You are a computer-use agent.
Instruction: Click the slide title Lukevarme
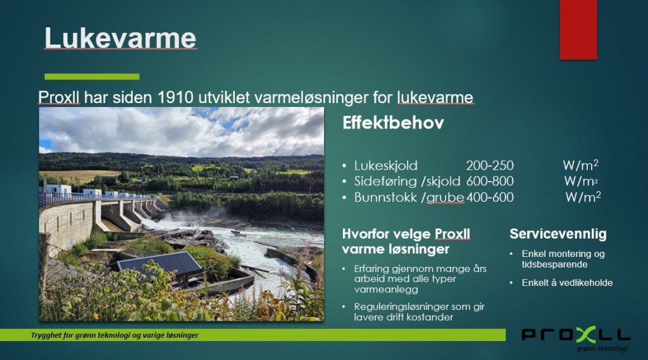tap(120, 38)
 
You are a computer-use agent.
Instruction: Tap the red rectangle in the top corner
tap(578, 29)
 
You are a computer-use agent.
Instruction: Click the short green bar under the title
tap(92, 77)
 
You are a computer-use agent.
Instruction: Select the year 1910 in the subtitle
tap(176, 97)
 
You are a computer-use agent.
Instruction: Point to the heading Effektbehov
tap(393, 123)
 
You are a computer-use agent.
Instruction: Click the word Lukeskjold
tap(385, 166)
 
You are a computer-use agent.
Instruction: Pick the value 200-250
tap(490, 166)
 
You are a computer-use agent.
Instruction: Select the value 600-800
tap(490, 181)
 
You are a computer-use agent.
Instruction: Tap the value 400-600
tap(490, 197)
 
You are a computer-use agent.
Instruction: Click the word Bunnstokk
tap(385, 197)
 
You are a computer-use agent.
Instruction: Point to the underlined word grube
tap(445, 198)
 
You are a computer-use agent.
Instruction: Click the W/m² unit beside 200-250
tap(581, 165)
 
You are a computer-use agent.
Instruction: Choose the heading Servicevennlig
tap(558, 234)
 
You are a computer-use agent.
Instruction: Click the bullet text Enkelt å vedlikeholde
tap(567, 283)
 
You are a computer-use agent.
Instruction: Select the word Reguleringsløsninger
tap(394, 307)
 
